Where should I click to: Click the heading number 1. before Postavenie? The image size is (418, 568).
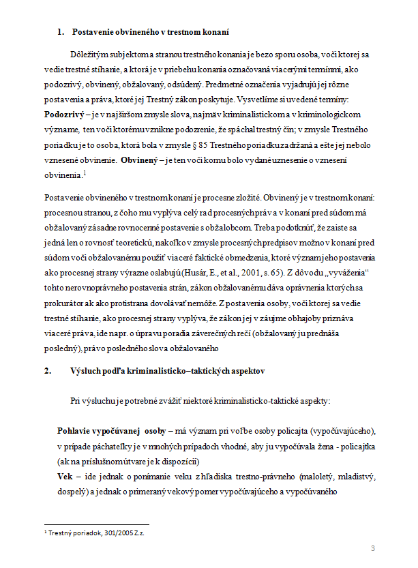coord(61,31)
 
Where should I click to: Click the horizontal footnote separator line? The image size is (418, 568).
coord(83,521)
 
